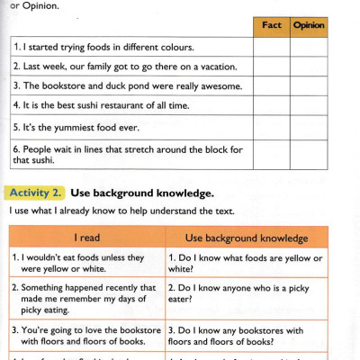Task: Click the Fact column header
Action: [x=271, y=26]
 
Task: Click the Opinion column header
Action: [x=309, y=26]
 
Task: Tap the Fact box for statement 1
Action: [x=271, y=47]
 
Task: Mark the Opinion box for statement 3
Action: [x=309, y=86]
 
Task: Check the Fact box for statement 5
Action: [x=271, y=127]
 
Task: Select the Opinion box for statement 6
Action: [x=309, y=154]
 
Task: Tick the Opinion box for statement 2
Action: [x=309, y=67]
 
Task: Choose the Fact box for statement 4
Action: [x=271, y=106]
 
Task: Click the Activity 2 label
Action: [x=34, y=193]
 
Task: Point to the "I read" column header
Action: [x=86, y=238]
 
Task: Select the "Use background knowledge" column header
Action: [x=246, y=238]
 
